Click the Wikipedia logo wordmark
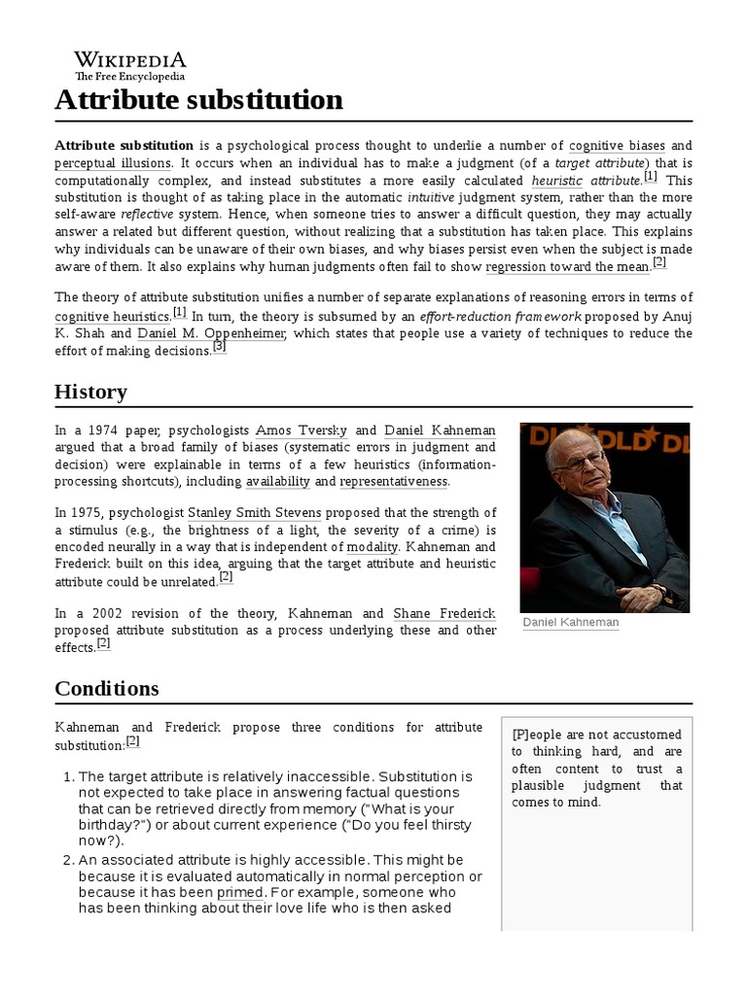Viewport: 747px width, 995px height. pos(130,60)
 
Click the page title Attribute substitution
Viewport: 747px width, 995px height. pos(198,100)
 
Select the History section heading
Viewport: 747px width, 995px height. pos(90,392)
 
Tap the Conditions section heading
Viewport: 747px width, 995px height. pos(106,688)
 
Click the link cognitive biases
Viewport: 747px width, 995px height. pos(617,145)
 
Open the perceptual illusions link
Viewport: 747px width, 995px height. pos(113,162)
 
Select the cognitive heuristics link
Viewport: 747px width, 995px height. pos(112,316)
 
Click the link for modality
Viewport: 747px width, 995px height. pos(373,547)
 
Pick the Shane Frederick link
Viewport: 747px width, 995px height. pos(445,613)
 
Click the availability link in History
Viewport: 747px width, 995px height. pos(278,481)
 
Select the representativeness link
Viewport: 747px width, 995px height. pos(393,481)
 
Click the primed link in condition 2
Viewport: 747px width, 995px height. pos(240,891)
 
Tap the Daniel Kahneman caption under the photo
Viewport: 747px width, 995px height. pos(571,622)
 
